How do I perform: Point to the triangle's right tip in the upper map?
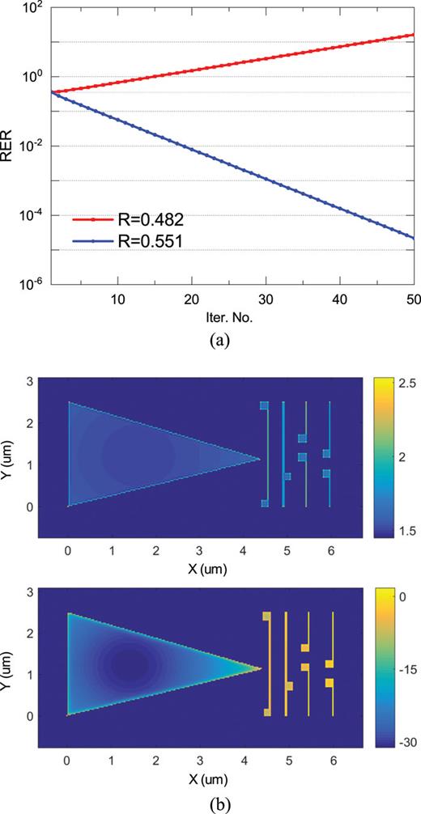(259, 460)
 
